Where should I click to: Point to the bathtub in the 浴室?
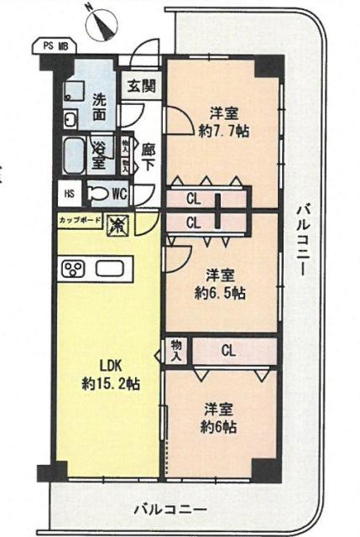[74, 155]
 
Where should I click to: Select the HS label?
[69, 193]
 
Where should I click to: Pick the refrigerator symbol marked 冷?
[117, 224]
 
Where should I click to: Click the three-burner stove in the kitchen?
[73, 268]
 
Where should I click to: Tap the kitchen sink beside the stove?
[110, 268]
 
